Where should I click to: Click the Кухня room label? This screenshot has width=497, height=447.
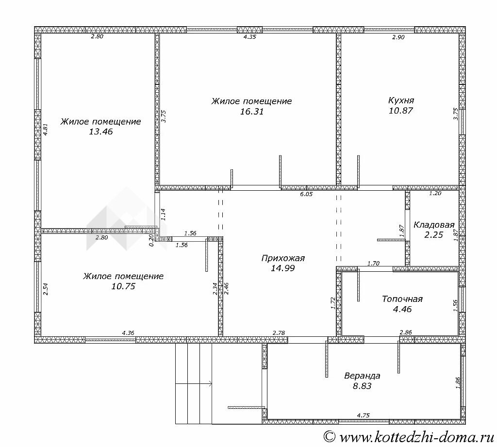(x=401, y=100)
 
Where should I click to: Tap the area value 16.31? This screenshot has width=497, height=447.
(x=252, y=112)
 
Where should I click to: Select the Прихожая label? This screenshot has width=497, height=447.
(x=283, y=258)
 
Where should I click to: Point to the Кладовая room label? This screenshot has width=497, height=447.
(x=434, y=225)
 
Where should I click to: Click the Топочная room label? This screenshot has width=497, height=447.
(x=402, y=299)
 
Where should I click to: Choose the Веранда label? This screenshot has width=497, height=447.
(x=362, y=376)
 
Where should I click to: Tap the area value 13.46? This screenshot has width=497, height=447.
(x=101, y=132)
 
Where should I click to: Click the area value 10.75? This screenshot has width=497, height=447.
(x=123, y=286)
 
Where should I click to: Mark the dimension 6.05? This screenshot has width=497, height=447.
(x=306, y=194)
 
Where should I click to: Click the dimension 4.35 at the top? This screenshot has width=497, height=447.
(x=249, y=36)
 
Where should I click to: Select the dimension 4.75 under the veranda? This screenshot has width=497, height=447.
(x=363, y=415)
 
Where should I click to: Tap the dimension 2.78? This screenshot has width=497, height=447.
(x=279, y=332)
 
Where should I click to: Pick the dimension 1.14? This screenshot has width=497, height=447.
(x=163, y=215)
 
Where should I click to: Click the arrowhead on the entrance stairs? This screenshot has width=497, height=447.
(x=210, y=384)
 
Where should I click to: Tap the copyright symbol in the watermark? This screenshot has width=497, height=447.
(x=330, y=437)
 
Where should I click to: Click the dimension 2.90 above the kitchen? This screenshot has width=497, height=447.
(x=398, y=37)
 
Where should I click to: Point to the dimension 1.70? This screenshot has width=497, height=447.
(x=373, y=263)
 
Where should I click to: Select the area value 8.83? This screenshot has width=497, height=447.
(x=362, y=386)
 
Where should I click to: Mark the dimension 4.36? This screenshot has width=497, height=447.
(x=128, y=332)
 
